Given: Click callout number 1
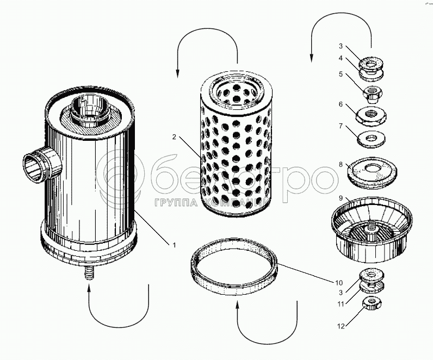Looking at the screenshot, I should coord(174,245).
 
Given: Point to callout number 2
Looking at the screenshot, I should coord(174,137).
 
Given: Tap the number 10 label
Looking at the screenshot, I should coord(338,282).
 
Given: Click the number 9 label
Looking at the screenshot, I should coord(340,198).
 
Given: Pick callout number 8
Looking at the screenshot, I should coord(340,164).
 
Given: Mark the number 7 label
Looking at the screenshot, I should coord(340,126).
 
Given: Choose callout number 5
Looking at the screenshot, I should coord(340,74).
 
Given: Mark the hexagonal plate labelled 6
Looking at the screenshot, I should coord(373,115).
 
